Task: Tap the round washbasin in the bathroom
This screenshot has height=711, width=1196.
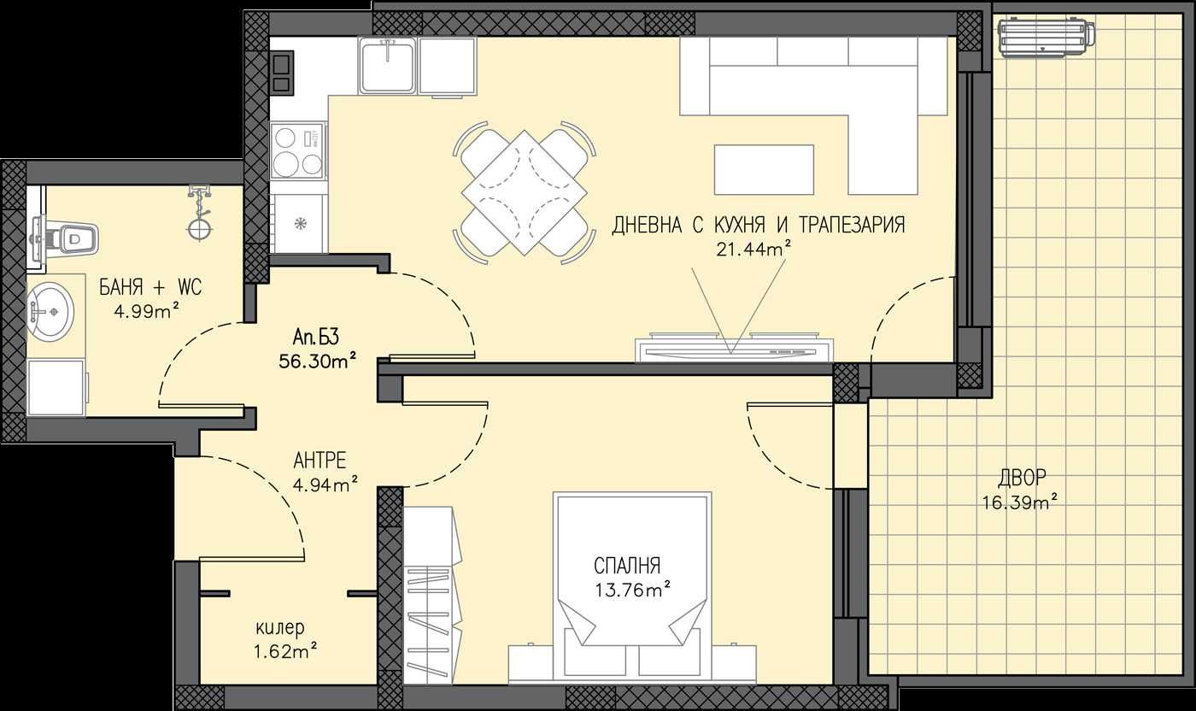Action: [x=50, y=309]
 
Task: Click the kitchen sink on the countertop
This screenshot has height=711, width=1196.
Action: [x=388, y=67]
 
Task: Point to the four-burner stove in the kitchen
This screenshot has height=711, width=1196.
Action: [x=298, y=150]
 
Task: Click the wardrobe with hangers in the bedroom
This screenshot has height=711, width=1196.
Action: [x=431, y=594]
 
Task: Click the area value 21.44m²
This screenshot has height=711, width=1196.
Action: [x=753, y=249]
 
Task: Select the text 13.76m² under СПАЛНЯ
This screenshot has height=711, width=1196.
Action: [x=632, y=589]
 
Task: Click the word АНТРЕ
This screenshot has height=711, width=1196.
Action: [x=320, y=461]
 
